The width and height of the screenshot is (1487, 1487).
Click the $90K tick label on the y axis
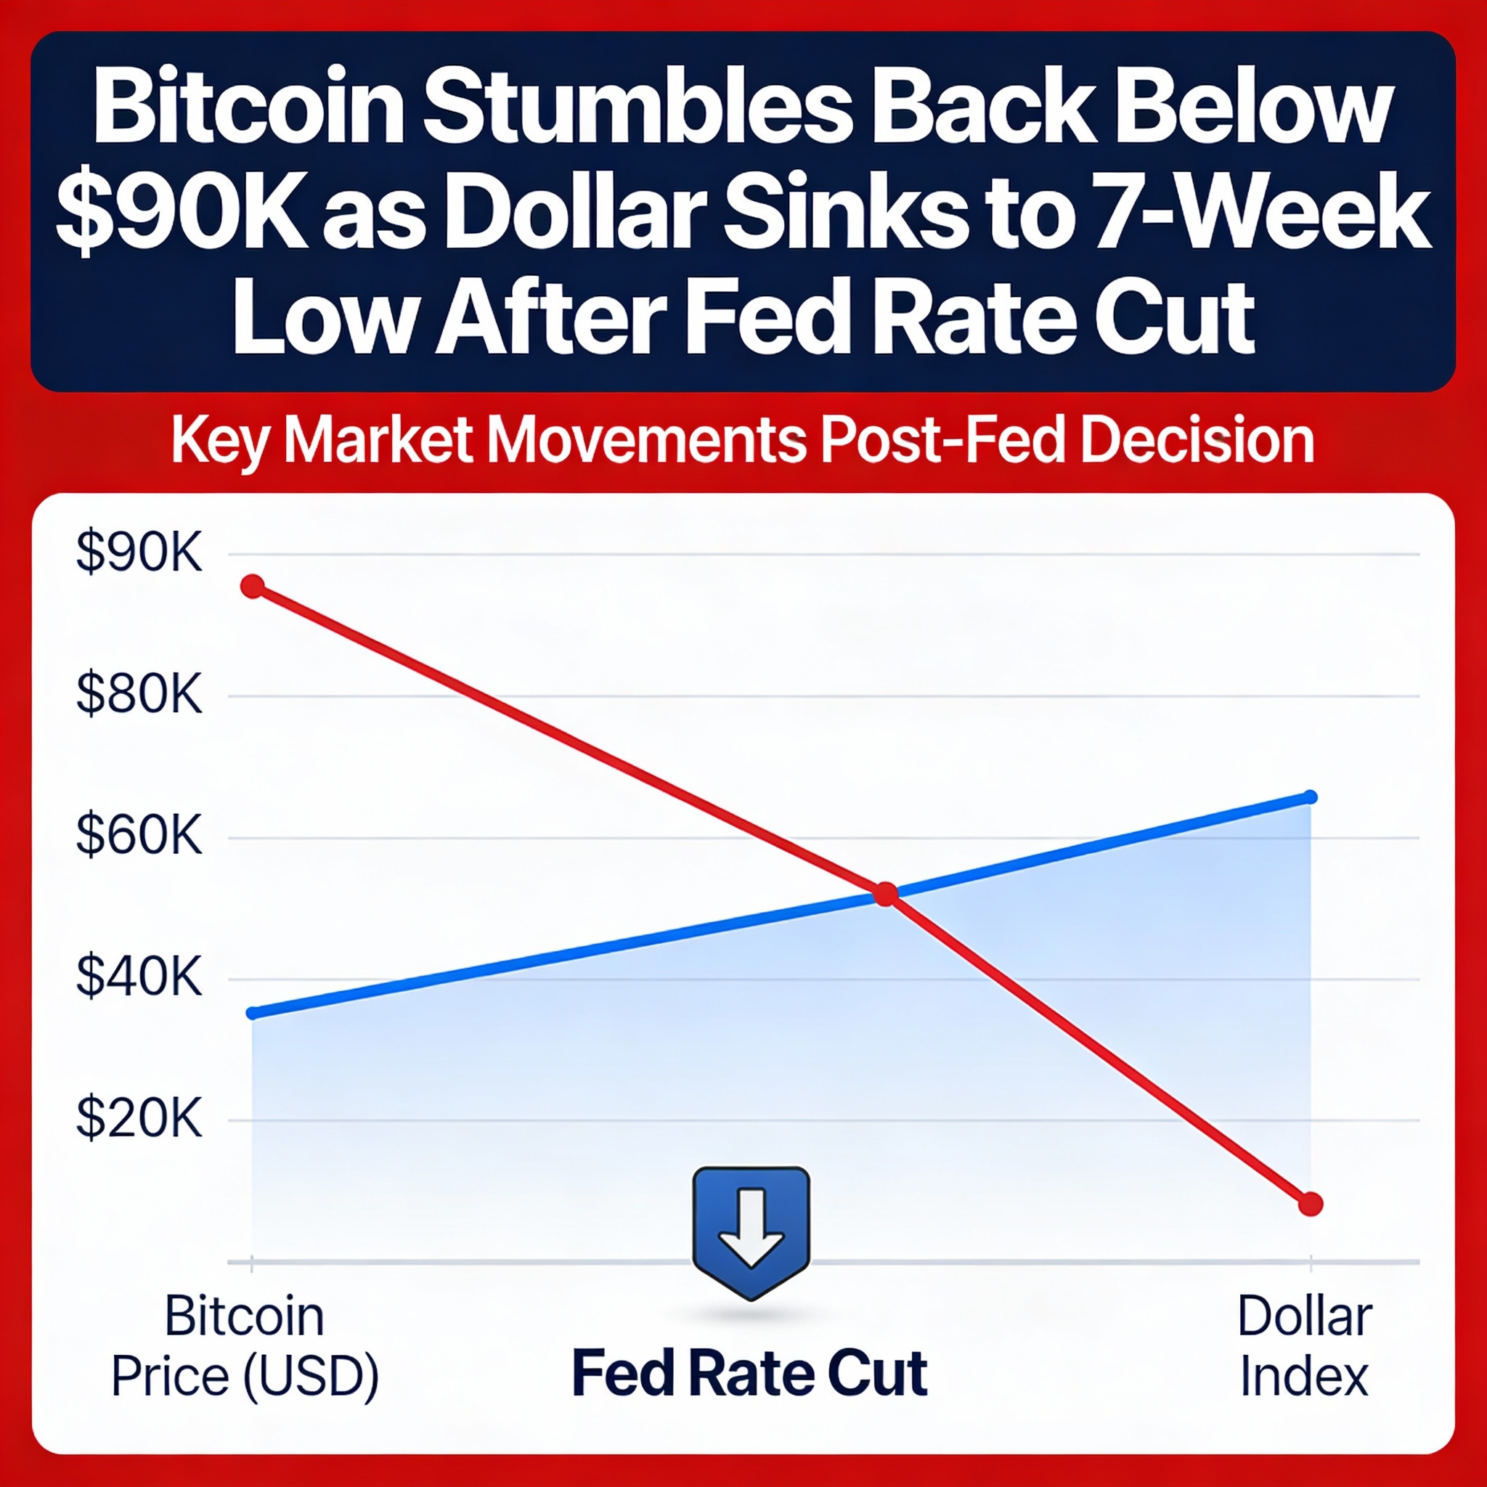139,553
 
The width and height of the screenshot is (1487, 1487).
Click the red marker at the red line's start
253,587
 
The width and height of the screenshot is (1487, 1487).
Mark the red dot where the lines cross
886,895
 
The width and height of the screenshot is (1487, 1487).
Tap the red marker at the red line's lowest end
1310,1204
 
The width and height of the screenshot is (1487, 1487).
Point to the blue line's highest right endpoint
1311,797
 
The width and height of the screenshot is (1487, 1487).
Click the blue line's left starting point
253,1013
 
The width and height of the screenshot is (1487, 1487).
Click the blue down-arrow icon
751,1230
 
